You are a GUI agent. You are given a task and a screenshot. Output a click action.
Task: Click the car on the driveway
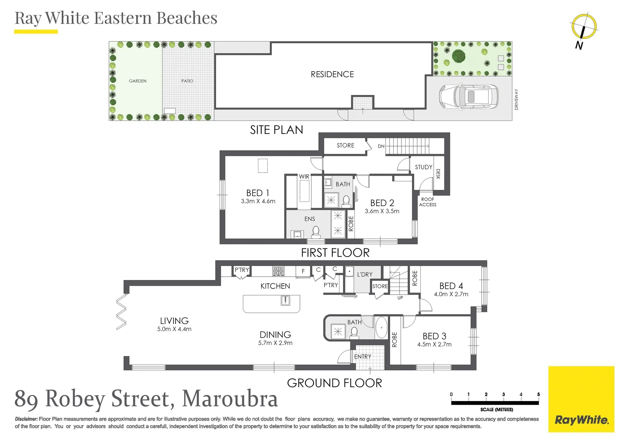[x=469, y=97]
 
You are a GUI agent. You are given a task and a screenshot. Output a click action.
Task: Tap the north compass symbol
[x=584, y=27]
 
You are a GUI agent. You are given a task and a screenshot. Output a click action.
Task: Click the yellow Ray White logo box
[x=581, y=399]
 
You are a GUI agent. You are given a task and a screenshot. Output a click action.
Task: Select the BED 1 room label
[x=258, y=193]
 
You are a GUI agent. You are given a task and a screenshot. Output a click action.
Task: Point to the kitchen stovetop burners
[x=278, y=271]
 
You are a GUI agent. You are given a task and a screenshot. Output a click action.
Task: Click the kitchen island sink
[x=285, y=301]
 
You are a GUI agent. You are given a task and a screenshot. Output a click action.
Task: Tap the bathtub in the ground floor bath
[x=381, y=327]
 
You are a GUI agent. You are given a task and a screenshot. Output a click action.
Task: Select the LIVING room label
[x=174, y=321]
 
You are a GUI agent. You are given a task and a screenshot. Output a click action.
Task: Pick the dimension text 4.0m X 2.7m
[x=451, y=294]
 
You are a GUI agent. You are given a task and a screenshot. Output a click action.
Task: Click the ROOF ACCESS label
[x=428, y=202]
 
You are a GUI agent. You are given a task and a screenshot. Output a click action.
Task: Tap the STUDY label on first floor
[x=423, y=167]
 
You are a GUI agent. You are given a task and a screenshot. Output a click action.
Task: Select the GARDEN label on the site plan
[x=138, y=81]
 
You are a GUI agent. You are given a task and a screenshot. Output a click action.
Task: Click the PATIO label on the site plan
[x=187, y=81]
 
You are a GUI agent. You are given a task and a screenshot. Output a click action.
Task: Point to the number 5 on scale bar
[x=538, y=395]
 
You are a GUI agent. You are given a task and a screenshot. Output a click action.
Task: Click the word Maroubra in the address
[x=230, y=399]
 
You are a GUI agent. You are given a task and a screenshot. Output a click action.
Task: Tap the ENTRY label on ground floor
[x=363, y=357]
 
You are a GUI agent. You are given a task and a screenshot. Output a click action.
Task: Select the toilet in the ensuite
[x=316, y=232]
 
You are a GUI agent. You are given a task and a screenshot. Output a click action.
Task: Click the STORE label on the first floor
[x=345, y=145]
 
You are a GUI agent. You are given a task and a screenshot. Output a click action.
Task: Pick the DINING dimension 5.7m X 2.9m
[x=275, y=343]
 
